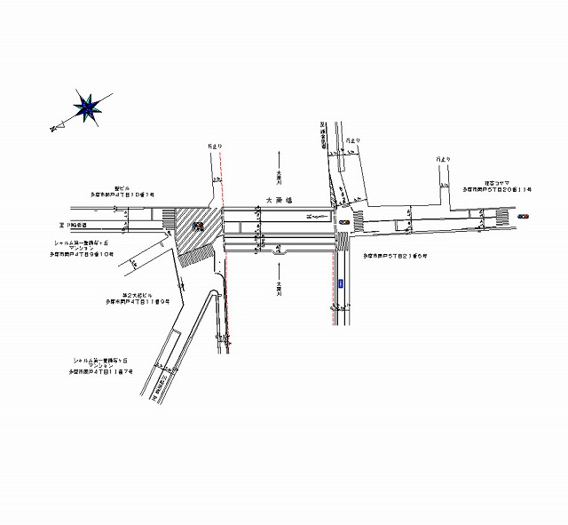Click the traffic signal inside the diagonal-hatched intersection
coord(199,226)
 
